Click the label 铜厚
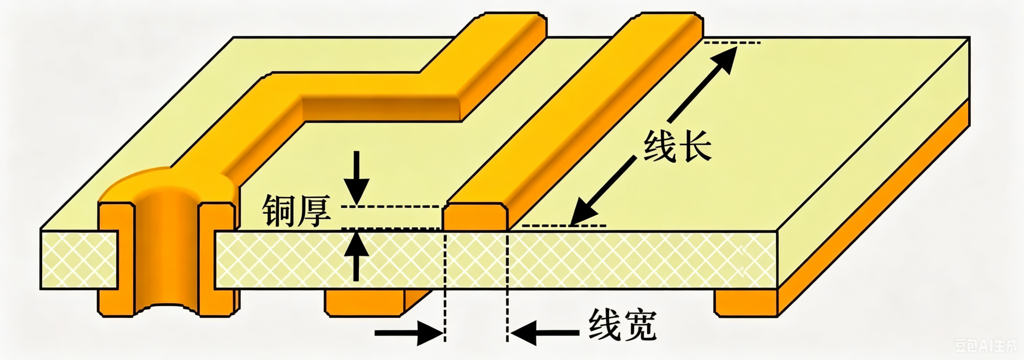click(x=297, y=211)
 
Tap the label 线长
click(x=677, y=146)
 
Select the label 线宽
click(x=622, y=325)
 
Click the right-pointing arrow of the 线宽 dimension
click(x=409, y=333)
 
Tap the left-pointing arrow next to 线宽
click(x=545, y=333)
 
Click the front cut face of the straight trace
click(x=476, y=217)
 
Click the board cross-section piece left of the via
click(x=79, y=260)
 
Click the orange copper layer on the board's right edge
click(x=873, y=207)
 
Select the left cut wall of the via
click(x=115, y=259)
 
